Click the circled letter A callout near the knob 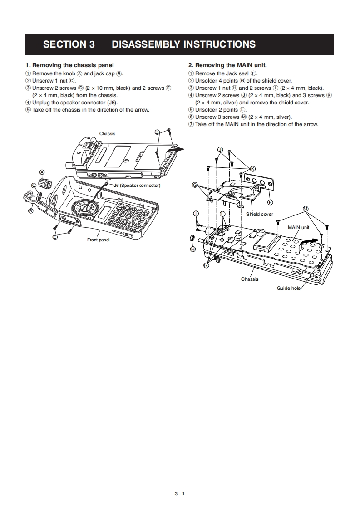pyautogui.click(x=42, y=172)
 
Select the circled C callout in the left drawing pyautogui.click(x=34, y=185)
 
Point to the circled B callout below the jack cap pyautogui.click(x=31, y=210)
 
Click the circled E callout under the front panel pyautogui.click(x=55, y=236)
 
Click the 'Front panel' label pyautogui.click(x=98, y=240)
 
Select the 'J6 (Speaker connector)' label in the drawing pyautogui.click(x=137, y=186)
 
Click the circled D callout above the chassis pyautogui.click(x=157, y=132)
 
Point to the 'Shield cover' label pyautogui.click(x=259, y=214)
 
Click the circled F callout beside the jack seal pyautogui.click(x=271, y=202)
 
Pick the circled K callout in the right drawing pyautogui.click(x=253, y=169)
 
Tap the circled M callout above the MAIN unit pyautogui.click(x=306, y=209)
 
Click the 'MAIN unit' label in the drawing pyautogui.click(x=298, y=227)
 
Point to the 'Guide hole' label pyautogui.click(x=289, y=288)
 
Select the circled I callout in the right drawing pyautogui.click(x=196, y=213)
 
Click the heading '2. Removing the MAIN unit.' pyautogui.click(x=227, y=65)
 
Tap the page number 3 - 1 pyautogui.click(x=180, y=494)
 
